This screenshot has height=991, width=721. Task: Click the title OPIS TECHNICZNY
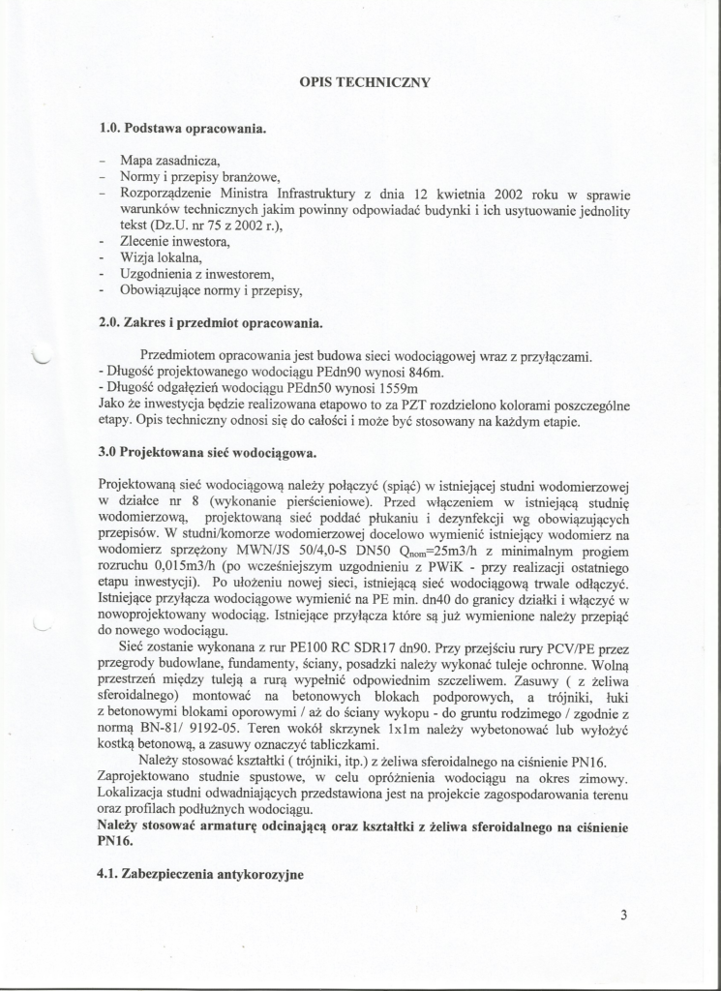tap(365, 82)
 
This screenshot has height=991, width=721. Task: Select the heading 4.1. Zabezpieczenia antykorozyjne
tap(200, 874)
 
